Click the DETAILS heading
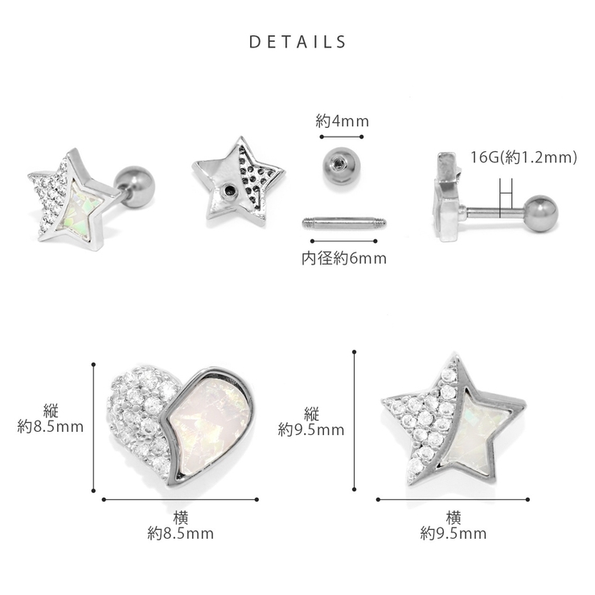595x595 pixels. [297, 42]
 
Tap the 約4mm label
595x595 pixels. [342, 121]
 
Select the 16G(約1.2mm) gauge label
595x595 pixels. [523, 157]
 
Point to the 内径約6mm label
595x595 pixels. [344, 258]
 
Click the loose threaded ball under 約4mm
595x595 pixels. [340, 166]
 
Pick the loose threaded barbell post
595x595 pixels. [344, 223]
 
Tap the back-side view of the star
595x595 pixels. [238, 183]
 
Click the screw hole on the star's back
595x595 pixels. [229, 191]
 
